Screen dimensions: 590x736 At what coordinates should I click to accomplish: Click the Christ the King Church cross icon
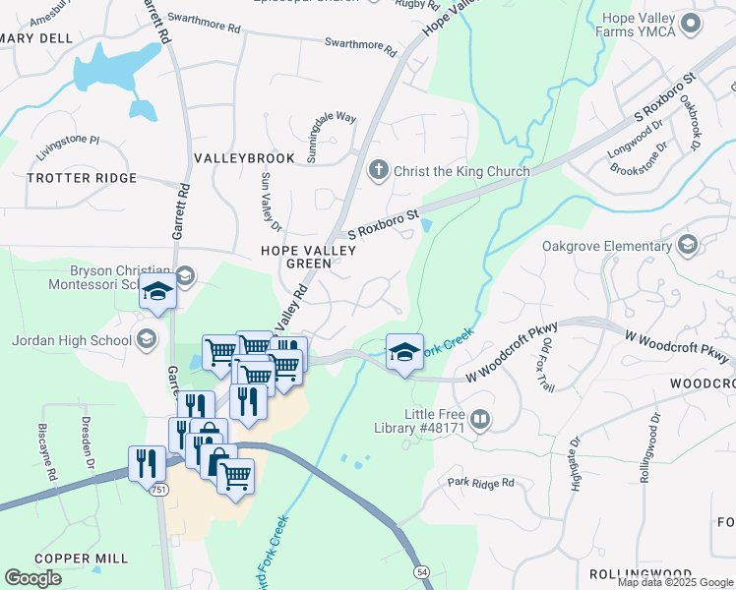coord(378,171)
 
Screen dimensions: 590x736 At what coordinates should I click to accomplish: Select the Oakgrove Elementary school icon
coord(687,245)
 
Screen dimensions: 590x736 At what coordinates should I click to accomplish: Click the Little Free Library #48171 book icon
coord(480,421)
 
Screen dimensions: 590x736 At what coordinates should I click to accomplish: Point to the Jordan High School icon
coord(146,340)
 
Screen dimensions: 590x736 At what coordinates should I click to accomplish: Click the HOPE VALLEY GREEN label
coord(308,257)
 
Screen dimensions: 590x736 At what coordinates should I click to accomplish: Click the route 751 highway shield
coord(158,489)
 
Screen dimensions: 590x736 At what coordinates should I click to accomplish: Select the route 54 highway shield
coord(421,571)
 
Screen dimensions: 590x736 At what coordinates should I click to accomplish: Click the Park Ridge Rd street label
coord(480,483)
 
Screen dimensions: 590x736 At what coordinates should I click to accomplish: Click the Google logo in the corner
coord(33,578)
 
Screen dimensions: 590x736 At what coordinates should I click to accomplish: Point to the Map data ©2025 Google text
coord(675,582)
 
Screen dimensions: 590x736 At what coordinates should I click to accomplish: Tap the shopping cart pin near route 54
coord(234,479)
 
